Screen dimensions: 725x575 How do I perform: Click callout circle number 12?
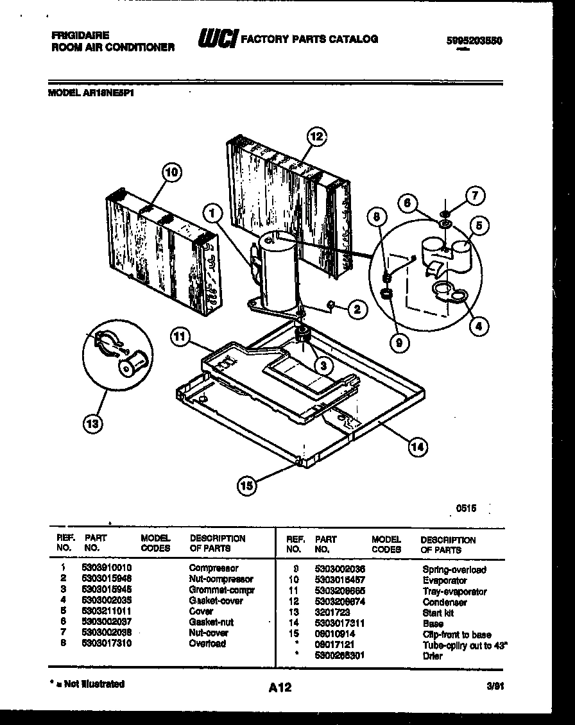[316, 136]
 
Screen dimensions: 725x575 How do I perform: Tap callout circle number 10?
[171, 172]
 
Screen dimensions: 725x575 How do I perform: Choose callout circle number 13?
[93, 423]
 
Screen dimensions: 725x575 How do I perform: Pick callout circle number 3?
[324, 365]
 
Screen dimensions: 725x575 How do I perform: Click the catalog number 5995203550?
[474, 40]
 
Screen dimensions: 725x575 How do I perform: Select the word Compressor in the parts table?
[214, 568]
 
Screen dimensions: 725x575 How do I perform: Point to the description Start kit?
[438, 613]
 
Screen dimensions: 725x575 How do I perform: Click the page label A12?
[280, 688]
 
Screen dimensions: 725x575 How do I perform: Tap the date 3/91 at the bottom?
[495, 685]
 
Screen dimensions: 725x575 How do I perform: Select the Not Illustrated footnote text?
[87, 684]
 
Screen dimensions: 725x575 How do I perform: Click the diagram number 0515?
[466, 508]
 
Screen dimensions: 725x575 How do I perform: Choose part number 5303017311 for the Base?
[340, 624]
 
